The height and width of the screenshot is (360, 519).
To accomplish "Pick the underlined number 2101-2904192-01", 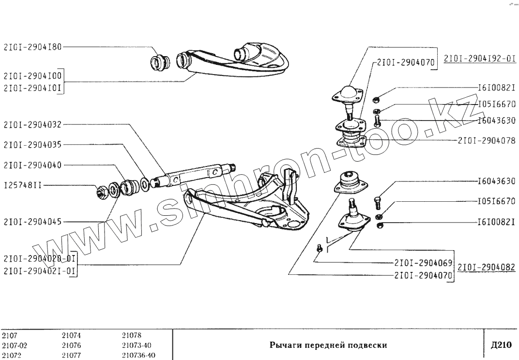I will point(479,59).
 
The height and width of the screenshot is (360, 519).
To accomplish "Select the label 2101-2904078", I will point(487,141).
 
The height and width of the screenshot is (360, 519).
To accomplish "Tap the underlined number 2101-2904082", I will point(486,267).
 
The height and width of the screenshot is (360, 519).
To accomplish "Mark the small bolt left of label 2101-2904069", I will point(319,248).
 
